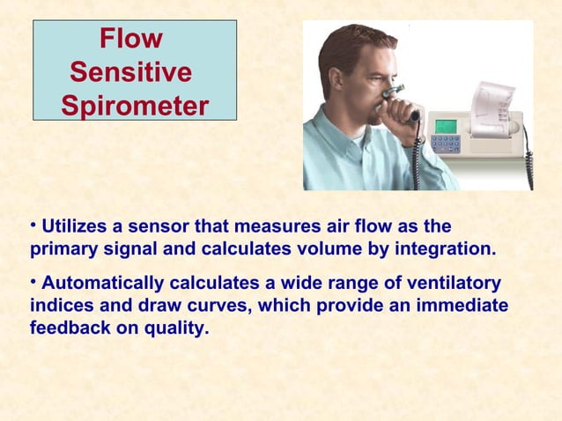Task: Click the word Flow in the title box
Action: coord(130,39)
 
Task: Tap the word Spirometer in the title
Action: coord(136,106)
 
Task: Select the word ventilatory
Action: coord(450,284)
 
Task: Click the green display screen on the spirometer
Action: coord(447,125)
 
